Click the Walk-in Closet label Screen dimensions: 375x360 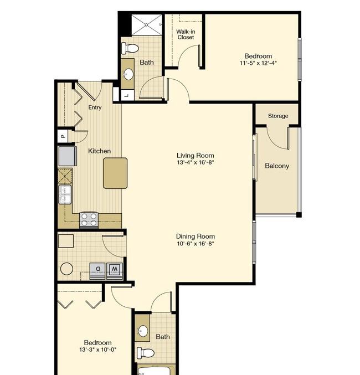[185, 34]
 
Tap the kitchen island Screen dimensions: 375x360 [115, 173]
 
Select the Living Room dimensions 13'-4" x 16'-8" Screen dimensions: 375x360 [195, 163]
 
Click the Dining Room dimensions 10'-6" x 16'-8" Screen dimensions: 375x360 [195, 243]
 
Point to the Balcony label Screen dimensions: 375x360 [277, 166]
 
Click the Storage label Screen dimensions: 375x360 [278, 116]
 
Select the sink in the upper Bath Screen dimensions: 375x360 [128, 74]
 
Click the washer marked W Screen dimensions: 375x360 [115, 269]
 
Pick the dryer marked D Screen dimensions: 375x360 [97, 269]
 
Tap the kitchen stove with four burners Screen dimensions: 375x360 [89, 220]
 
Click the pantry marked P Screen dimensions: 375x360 [63, 135]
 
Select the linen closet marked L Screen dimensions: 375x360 [126, 95]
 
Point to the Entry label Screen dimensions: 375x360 [95, 107]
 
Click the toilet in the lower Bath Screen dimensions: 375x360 [146, 352]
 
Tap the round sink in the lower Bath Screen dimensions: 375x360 [143, 331]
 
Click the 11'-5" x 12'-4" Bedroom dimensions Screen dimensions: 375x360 [258, 63]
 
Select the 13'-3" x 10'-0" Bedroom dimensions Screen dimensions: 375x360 [97, 350]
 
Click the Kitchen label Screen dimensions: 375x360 [99, 151]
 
